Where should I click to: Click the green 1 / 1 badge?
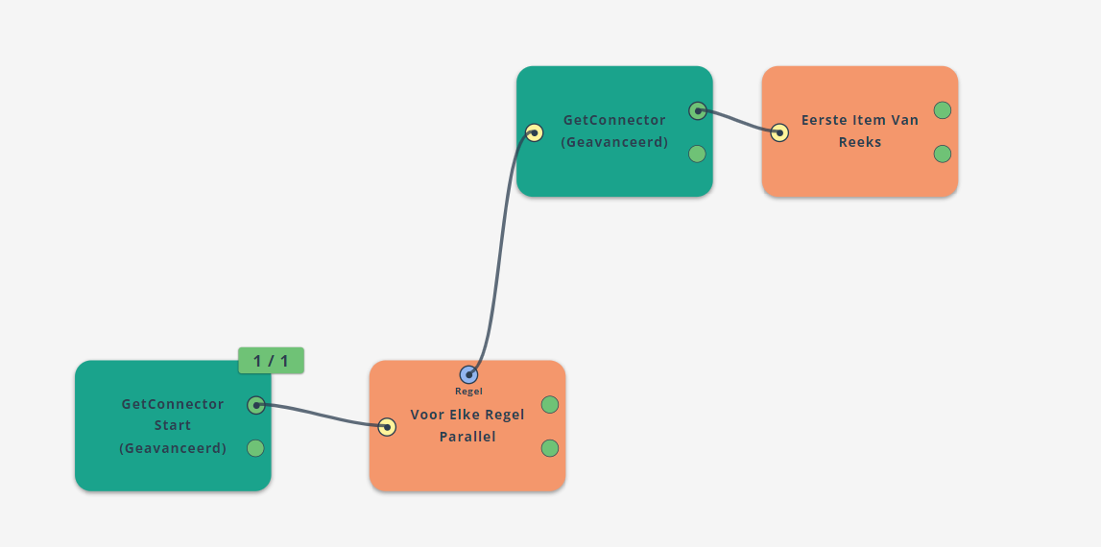point(271,360)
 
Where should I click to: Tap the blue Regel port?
point(469,375)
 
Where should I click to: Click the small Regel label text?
point(469,392)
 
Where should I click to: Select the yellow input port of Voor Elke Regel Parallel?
point(387,427)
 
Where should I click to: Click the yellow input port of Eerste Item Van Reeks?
point(779,132)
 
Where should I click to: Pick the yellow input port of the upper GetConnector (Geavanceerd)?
point(535,132)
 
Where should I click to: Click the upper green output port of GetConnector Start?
point(256,405)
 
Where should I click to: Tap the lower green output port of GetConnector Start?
point(255,449)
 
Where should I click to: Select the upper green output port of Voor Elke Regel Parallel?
point(550,404)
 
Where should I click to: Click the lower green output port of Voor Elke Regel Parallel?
point(550,448)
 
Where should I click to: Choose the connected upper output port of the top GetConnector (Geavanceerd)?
point(698,111)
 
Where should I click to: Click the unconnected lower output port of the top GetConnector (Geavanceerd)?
point(697,154)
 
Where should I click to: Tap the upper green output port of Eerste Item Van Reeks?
point(943,110)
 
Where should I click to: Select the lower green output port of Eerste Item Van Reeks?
point(943,154)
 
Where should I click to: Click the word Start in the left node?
point(173,425)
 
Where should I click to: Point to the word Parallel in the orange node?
point(467,437)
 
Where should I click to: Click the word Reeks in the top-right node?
point(860,142)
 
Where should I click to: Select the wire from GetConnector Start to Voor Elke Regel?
point(322,415)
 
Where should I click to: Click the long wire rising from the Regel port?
point(500,252)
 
